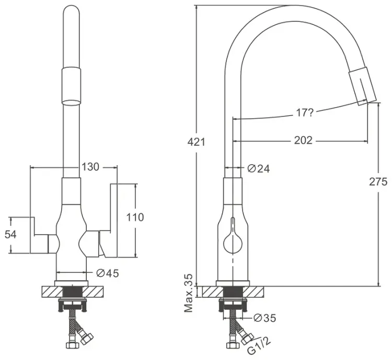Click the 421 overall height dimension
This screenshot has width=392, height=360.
pyautogui.click(x=196, y=142)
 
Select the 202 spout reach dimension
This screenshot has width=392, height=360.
pyautogui.click(x=303, y=140)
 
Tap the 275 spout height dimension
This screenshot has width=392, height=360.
pyautogui.click(x=378, y=182)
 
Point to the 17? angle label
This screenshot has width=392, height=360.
pyautogui.click(x=305, y=113)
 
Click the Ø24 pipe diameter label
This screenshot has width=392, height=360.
pyautogui.click(x=259, y=169)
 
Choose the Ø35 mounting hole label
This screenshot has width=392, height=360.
pyautogui.click(x=265, y=318)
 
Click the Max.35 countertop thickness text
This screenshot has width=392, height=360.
pyautogui.click(x=189, y=293)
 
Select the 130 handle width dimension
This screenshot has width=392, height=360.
pyautogui.click(x=90, y=167)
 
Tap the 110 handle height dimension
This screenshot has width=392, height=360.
pyautogui.click(x=135, y=217)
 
